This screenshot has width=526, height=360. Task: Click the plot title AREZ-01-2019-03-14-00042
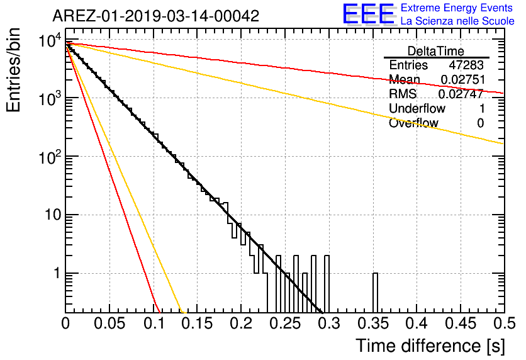156,16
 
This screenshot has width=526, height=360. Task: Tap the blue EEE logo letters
369,13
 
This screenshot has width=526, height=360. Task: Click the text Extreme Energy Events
457,8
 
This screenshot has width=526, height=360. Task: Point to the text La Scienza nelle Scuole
457,21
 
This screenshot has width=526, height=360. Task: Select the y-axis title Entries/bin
13,70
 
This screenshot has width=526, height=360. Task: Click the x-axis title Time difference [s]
430,346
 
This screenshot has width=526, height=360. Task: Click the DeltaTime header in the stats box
436,51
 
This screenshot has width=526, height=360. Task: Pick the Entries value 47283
466,65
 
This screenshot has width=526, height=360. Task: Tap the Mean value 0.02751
463,79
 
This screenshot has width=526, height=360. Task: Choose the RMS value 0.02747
461,94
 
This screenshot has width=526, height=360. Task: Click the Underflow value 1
482,108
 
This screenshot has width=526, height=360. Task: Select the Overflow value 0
481,123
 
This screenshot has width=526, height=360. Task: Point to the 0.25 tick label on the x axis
286,323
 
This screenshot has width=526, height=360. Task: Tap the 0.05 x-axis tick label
109,323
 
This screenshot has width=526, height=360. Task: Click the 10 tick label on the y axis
53,215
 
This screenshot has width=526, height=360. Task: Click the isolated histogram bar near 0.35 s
375,293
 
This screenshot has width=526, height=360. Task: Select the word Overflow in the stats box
413,123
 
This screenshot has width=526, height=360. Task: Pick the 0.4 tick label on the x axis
417,323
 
